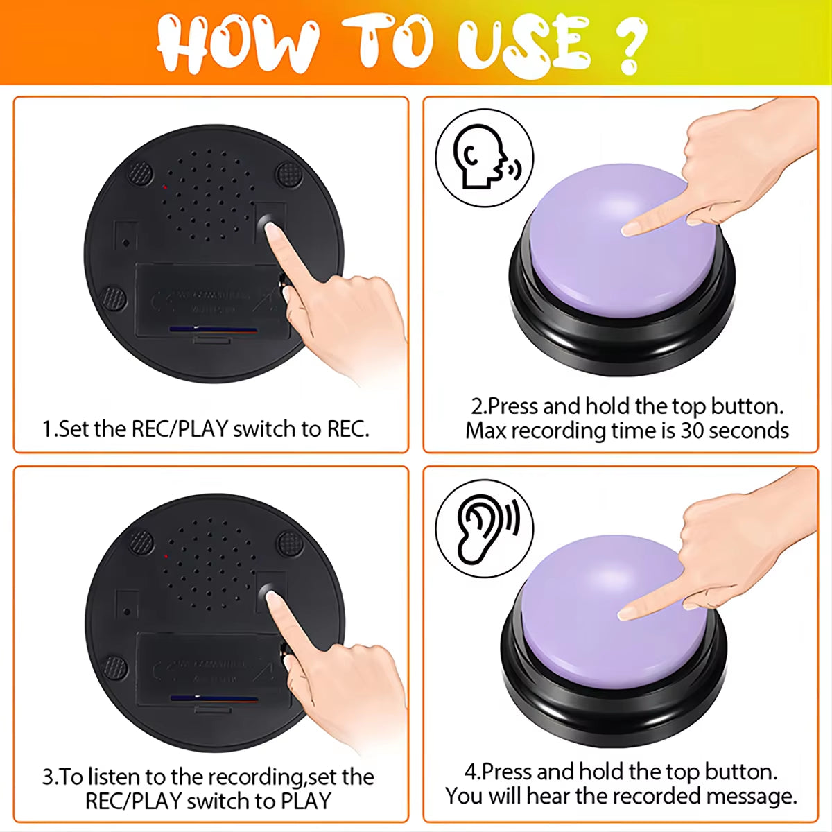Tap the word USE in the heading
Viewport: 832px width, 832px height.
(523, 44)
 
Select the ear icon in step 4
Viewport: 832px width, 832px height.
(484, 528)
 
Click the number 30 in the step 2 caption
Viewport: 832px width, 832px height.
(692, 431)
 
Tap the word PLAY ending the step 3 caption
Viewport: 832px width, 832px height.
(305, 801)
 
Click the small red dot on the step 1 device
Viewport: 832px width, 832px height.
(165, 187)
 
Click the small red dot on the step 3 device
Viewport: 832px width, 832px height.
(166, 556)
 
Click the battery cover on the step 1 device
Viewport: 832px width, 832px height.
(208, 302)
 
